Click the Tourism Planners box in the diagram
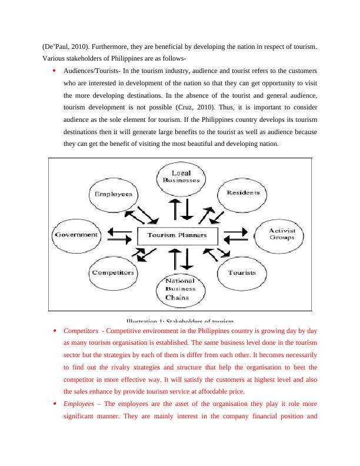(x=177, y=235)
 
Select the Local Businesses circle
(x=181, y=177)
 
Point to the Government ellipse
(x=76, y=234)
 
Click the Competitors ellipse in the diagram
(x=113, y=273)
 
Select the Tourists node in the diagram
(x=242, y=273)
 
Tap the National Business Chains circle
(x=181, y=289)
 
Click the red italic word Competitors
(x=81, y=331)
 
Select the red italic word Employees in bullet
(x=79, y=405)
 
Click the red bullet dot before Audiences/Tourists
(x=54, y=70)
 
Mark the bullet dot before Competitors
(x=54, y=331)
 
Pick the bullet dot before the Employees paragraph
(x=54, y=405)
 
